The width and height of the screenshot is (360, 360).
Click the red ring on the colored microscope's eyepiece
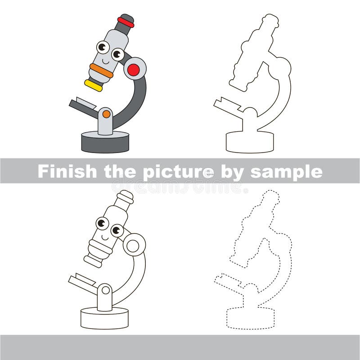(126, 22)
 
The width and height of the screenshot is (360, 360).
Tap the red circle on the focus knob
(133, 70)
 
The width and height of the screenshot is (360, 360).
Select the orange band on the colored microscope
(101, 71)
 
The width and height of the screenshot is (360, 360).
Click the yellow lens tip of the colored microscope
(94, 85)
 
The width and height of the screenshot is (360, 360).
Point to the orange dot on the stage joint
(106, 114)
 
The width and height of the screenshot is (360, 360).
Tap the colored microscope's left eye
(103, 47)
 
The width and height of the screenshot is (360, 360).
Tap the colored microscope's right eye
(118, 54)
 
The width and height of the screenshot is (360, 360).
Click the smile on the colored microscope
(106, 62)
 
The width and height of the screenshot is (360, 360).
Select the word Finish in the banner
(67, 171)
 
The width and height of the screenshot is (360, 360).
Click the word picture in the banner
(178, 172)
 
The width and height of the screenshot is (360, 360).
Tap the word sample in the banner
(287, 172)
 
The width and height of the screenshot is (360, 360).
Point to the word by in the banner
(232, 172)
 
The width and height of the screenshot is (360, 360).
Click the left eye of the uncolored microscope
(102, 223)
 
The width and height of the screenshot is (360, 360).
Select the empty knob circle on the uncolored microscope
(133, 246)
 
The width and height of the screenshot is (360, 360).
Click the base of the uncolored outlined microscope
(104, 319)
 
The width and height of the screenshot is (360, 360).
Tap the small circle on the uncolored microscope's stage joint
(106, 290)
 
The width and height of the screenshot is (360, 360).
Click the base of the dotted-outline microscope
(251, 318)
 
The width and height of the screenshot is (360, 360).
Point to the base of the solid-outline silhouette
(250, 142)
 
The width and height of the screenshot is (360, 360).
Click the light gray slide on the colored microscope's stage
(86, 103)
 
